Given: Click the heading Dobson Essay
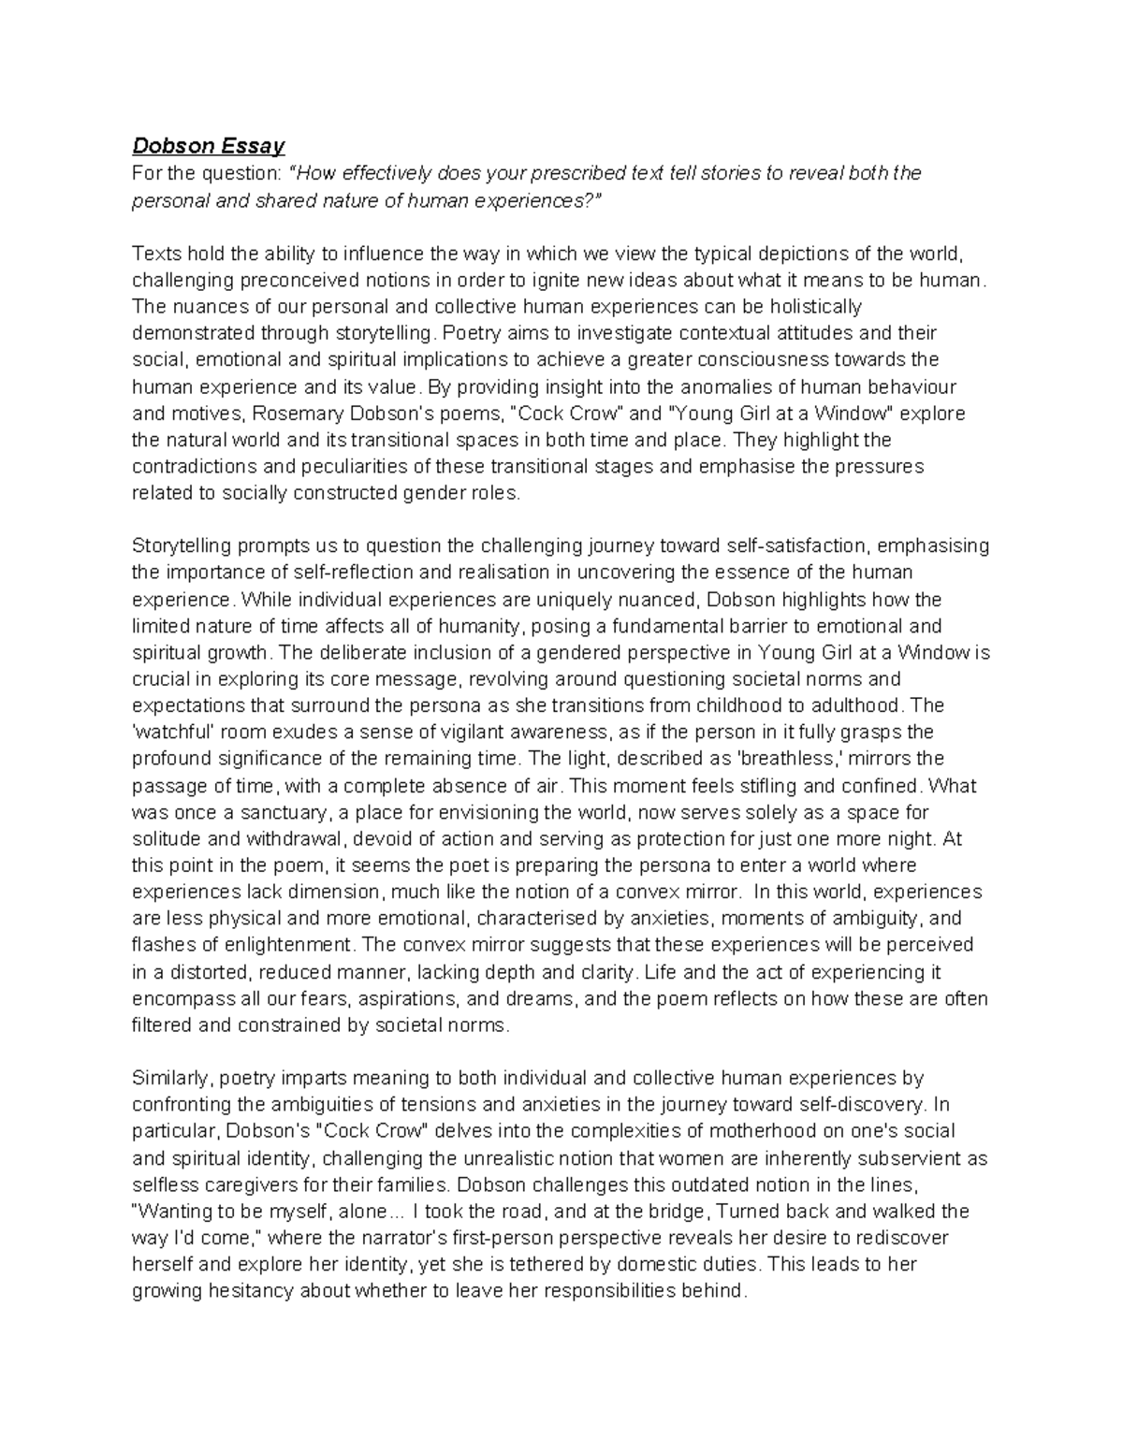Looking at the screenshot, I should tap(208, 146).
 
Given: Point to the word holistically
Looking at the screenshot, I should tap(811, 306).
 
